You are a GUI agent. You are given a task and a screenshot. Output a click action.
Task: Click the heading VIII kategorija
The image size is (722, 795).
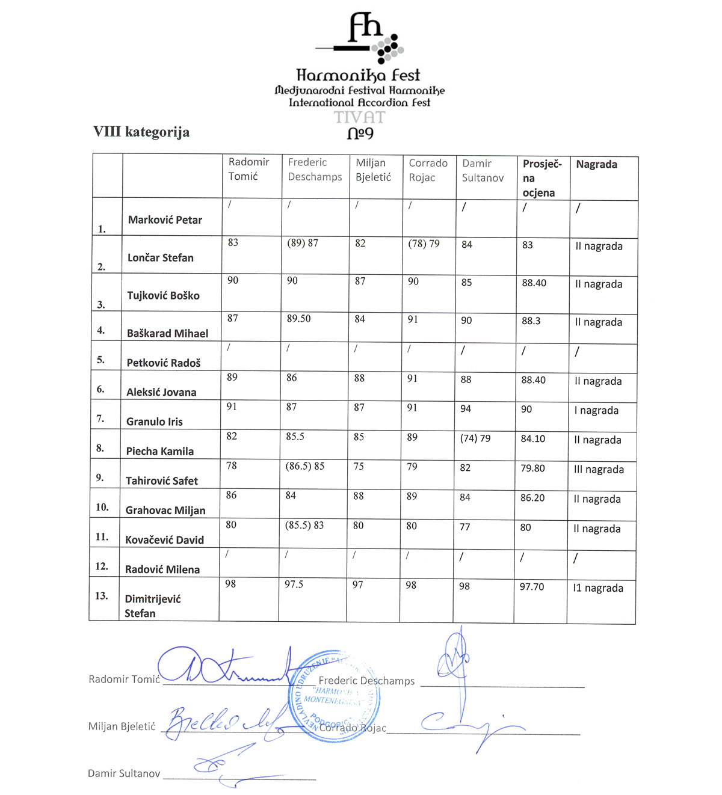(x=141, y=132)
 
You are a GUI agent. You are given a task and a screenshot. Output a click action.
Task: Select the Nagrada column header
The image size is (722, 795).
(x=596, y=165)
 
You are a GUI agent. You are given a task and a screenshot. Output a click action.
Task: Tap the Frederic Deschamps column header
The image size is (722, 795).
(x=315, y=170)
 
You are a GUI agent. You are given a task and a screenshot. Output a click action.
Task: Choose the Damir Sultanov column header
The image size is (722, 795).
(x=483, y=171)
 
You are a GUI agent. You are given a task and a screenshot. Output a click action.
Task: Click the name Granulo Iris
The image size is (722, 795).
(x=155, y=422)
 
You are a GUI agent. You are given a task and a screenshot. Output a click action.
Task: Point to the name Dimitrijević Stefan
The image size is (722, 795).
(x=153, y=606)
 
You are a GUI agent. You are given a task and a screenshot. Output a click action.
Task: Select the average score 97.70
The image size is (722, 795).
(x=532, y=586)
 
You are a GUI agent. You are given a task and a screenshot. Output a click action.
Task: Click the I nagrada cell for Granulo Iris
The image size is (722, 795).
(x=596, y=411)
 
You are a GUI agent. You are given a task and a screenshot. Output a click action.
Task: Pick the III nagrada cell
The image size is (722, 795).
(x=599, y=470)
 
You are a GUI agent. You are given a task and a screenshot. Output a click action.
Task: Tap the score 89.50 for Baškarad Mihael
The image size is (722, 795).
(x=299, y=319)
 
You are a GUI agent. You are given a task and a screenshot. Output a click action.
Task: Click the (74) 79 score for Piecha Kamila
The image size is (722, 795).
(x=475, y=438)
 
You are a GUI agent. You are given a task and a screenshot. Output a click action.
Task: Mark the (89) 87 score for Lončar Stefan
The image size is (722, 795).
(x=303, y=243)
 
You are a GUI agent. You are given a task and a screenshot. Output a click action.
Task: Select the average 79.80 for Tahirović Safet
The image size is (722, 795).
(x=532, y=468)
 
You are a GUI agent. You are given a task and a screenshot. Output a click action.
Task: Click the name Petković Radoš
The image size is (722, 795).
(x=164, y=363)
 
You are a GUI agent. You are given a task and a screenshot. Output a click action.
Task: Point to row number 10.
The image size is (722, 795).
(x=102, y=507)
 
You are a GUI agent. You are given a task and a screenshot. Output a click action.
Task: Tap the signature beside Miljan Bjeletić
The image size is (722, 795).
(x=223, y=722)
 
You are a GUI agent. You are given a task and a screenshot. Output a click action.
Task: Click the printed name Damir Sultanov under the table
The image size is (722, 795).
(x=124, y=773)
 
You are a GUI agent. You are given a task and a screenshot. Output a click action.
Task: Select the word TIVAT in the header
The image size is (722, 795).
(x=360, y=117)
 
